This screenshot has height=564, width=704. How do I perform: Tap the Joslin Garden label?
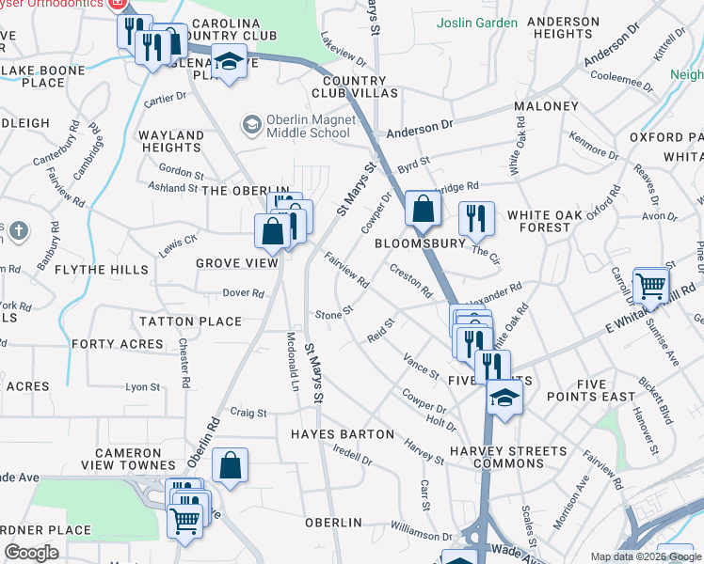[478, 23]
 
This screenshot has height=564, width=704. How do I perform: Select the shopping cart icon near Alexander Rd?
[651, 285]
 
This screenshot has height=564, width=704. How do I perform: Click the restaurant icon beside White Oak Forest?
[476, 219]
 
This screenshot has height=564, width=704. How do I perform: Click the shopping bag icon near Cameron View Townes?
[230, 464]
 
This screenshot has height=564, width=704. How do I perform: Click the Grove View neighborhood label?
[237, 263]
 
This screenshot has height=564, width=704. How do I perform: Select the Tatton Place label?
[190, 321]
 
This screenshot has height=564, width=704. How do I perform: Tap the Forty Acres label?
[117, 344]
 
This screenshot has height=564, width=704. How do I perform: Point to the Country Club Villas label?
[354, 87]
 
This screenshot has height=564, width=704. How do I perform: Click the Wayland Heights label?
[171, 142]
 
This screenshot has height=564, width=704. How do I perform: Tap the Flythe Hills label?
[102, 270]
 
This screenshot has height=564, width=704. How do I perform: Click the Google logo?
[31, 553]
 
